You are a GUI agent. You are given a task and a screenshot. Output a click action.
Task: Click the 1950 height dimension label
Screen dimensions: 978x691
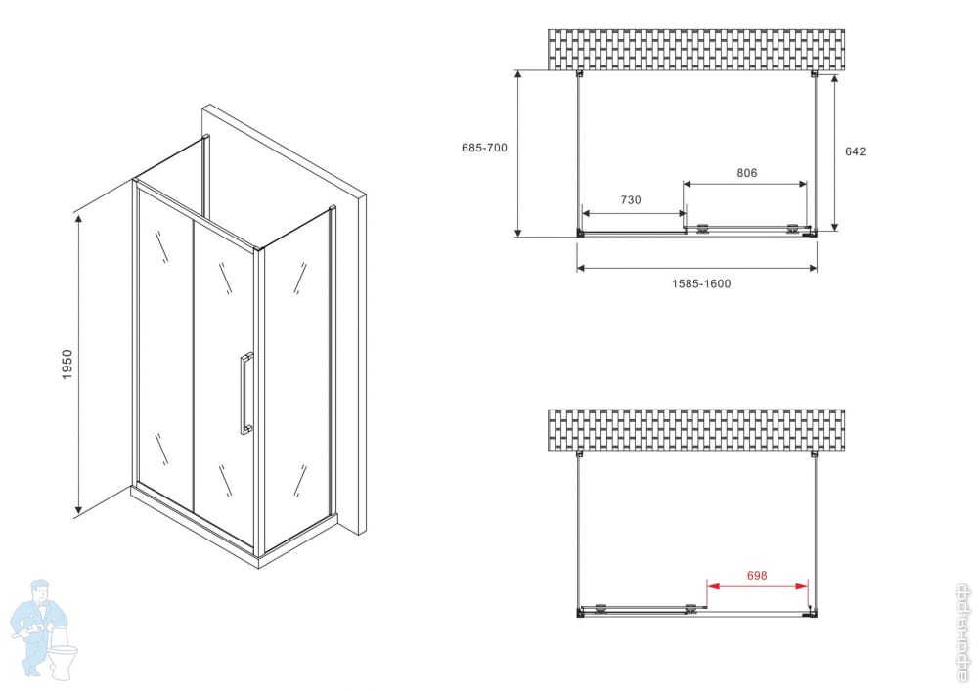67,365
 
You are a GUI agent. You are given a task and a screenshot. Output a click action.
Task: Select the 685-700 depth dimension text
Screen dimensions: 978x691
484,148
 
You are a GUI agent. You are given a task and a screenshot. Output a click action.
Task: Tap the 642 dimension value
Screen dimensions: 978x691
855,151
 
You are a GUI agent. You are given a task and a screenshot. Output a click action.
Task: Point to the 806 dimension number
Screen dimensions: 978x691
746,173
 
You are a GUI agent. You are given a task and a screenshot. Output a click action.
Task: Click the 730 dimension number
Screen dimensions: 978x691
631,200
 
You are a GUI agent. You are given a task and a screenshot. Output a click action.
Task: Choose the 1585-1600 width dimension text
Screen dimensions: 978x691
701,283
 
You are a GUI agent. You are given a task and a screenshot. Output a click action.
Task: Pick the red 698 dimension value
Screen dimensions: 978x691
757,575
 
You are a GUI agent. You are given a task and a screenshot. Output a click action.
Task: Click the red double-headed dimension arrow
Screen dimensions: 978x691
757,586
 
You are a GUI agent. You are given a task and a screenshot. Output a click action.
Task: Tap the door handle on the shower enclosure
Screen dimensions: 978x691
246,394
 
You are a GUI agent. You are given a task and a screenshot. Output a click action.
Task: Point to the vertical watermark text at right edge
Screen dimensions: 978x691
964,632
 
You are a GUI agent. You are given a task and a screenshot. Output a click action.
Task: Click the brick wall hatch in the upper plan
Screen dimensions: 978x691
696,49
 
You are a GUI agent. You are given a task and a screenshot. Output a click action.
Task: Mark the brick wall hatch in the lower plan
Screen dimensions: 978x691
696,430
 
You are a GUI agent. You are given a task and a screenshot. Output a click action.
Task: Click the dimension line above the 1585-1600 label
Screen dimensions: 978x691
696,268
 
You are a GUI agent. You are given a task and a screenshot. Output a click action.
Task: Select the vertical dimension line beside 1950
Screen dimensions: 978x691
78,365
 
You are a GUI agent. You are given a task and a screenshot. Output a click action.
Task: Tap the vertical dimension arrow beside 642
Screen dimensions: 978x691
834,152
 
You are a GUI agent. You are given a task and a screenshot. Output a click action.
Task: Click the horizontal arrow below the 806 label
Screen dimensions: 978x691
744,184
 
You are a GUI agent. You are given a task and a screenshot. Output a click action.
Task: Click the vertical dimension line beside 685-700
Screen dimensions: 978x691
517,153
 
